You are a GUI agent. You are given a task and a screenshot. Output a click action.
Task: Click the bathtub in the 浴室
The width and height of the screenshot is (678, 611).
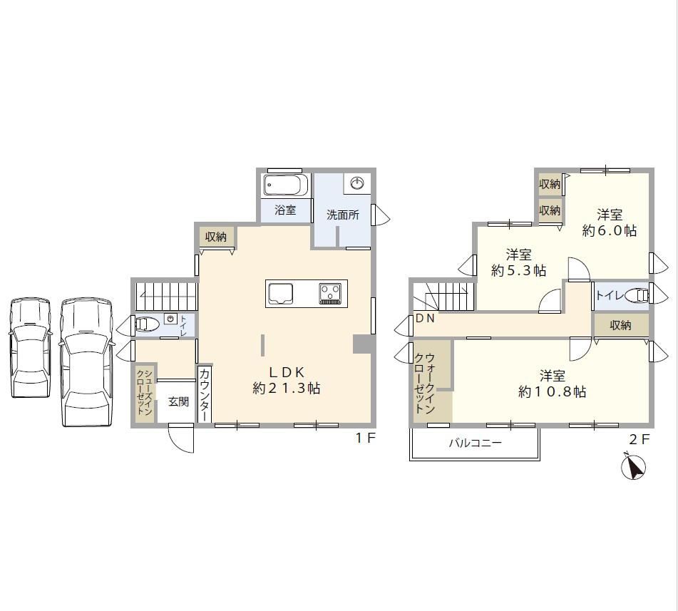point(287,185)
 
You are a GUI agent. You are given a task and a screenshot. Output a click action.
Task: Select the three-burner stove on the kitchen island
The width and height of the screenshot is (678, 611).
point(330,293)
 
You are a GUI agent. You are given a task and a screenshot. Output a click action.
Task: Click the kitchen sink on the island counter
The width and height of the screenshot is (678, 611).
point(281,294)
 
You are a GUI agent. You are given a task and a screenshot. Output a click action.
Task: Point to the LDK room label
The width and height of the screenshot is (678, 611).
point(287,372)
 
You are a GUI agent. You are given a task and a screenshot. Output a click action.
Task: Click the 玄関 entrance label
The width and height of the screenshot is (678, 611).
point(178,401)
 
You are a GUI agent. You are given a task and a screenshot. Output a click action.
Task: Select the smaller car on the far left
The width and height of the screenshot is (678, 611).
point(29,348)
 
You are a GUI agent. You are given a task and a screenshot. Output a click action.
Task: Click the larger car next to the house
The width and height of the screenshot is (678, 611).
point(86,362)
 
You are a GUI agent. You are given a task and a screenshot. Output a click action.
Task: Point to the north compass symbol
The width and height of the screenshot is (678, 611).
point(633,467)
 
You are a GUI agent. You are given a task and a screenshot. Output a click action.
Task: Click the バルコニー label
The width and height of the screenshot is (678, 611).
point(476,443)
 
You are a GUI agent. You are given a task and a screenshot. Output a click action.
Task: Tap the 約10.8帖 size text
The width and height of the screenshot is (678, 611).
point(553,391)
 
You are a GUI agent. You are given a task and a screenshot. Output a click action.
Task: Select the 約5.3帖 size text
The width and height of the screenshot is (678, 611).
point(518,271)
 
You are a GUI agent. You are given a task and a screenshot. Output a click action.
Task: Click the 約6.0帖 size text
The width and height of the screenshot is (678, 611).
point(610,230)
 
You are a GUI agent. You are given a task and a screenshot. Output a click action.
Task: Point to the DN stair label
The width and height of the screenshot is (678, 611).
point(425,319)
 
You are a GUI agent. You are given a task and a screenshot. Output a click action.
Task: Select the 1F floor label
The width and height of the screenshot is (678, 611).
point(365,438)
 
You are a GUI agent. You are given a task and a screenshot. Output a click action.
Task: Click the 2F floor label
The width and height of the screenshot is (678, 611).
point(639,439)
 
